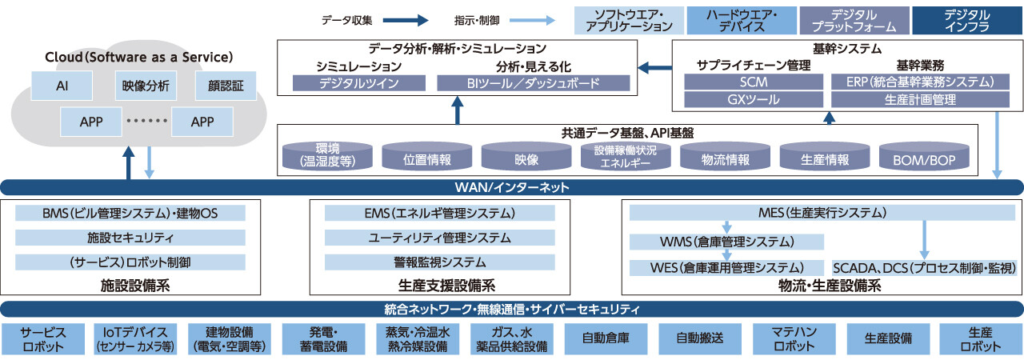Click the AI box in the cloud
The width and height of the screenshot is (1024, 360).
[62, 86]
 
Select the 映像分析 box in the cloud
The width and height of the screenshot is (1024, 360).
[145, 86]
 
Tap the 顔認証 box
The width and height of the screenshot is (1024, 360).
[226, 86]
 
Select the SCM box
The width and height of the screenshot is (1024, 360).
[754, 82]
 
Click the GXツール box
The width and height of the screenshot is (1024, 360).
[754, 100]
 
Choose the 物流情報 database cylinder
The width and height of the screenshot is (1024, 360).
[726, 158]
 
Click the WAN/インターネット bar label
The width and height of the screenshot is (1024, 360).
[512, 188]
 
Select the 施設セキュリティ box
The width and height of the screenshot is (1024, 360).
[130, 238]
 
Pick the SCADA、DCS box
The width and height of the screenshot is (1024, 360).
[925, 267]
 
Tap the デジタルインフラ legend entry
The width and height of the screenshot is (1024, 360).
[966, 20]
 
